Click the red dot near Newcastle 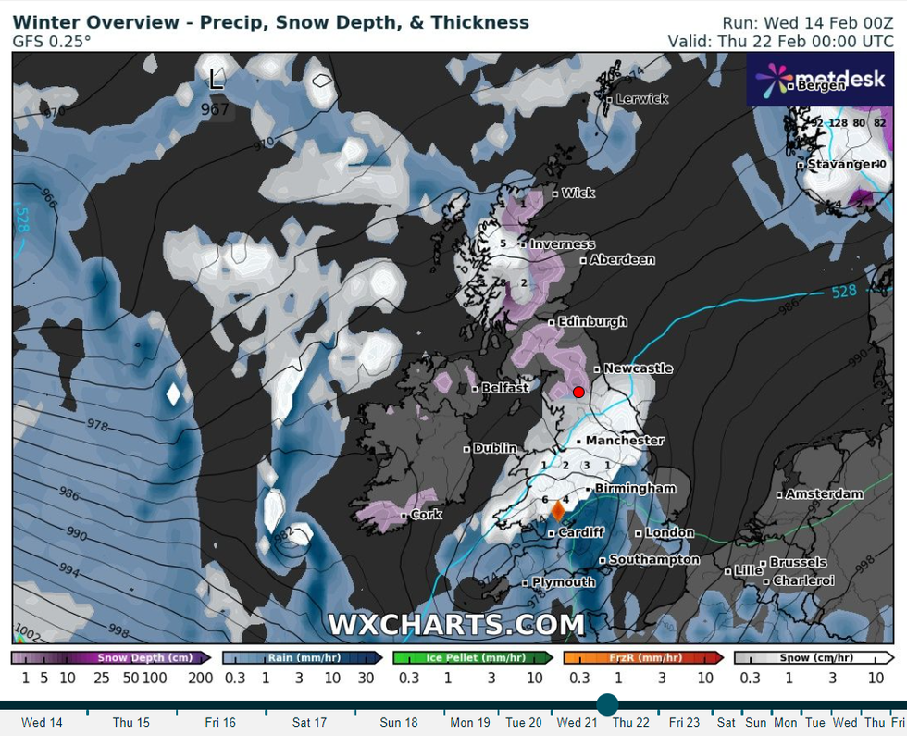pyautogui.click(x=578, y=392)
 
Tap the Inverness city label pyautogui.click(x=562, y=244)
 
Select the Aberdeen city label pyautogui.click(x=622, y=260)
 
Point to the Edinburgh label pyautogui.click(x=592, y=322)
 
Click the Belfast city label pyautogui.click(x=504, y=388)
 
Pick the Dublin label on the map pyautogui.click(x=495, y=448)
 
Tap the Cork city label pyautogui.click(x=426, y=515)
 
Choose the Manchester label pyautogui.click(x=625, y=441)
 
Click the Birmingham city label pyautogui.click(x=636, y=488)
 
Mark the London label pyautogui.click(x=669, y=533)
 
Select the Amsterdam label pyautogui.click(x=824, y=494)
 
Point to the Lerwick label pyautogui.click(x=641, y=99)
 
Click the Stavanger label pyautogui.click(x=841, y=165)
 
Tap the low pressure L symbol pyautogui.click(x=216, y=80)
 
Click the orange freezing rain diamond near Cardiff pyautogui.click(x=558, y=510)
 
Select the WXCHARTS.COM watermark pyautogui.click(x=456, y=626)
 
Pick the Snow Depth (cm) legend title pyautogui.click(x=145, y=658)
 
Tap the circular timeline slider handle pyautogui.click(x=607, y=705)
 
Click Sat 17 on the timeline pyautogui.click(x=309, y=722)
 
